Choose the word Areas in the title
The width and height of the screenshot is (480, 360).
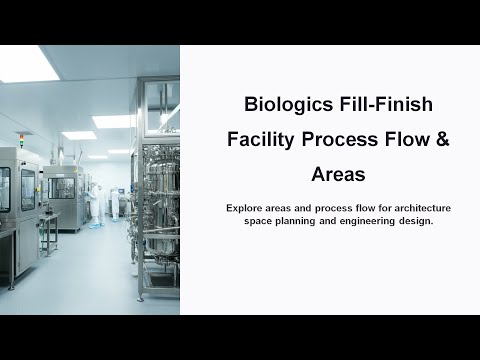(338, 175)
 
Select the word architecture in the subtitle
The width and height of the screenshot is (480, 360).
(418, 207)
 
